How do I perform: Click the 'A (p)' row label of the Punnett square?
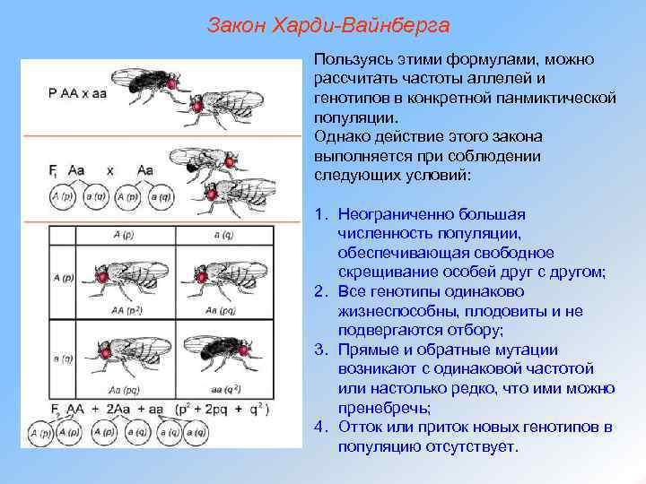click(62, 278)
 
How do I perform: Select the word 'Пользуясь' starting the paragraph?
click(351, 59)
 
